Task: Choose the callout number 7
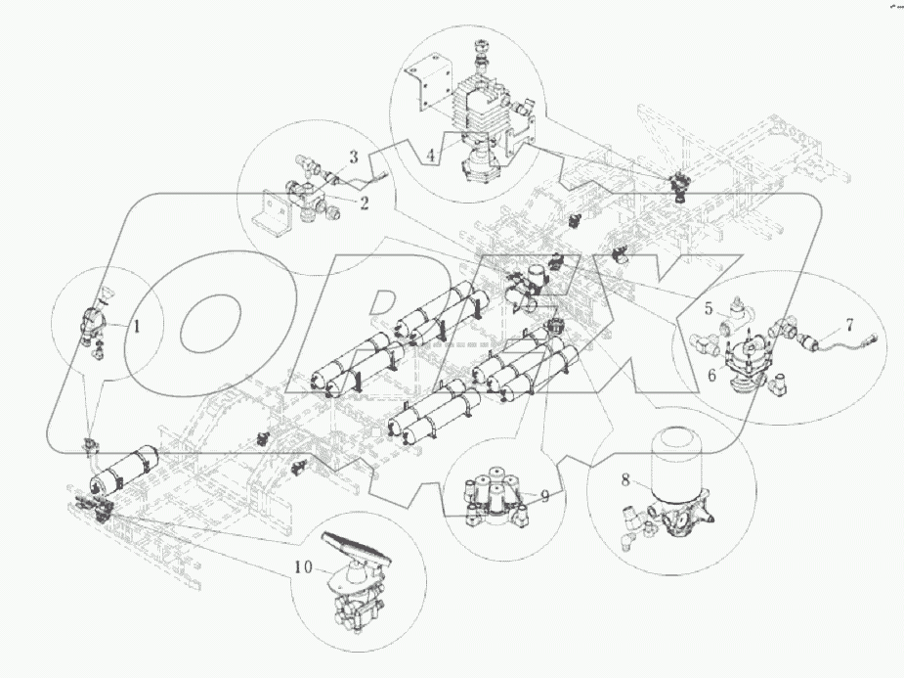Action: point(849,323)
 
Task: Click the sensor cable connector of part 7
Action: point(865,340)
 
